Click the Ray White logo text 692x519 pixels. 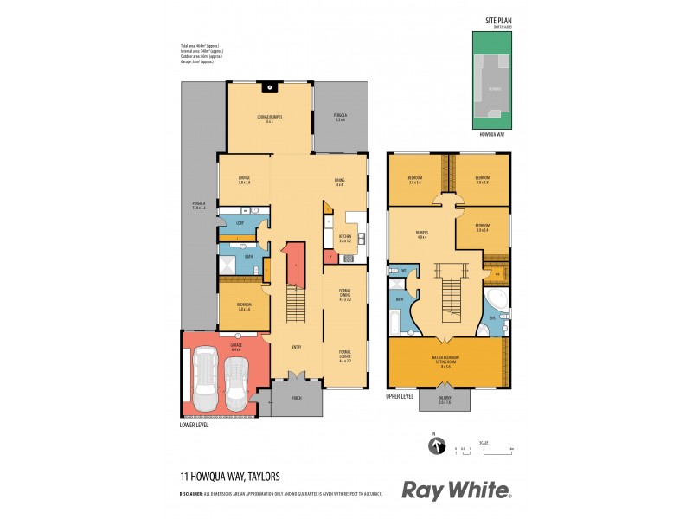[x=456, y=490]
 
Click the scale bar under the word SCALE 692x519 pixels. [x=484, y=449]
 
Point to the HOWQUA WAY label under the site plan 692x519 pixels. [x=491, y=136]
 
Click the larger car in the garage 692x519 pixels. [x=205, y=380]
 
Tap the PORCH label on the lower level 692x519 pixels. [x=296, y=399]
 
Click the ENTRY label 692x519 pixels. [x=296, y=347]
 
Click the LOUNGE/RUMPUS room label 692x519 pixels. [x=270, y=118]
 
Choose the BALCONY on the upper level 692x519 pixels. [x=445, y=400]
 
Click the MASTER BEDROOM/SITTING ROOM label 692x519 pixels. [x=445, y=360]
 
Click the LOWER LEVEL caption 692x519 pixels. [x=195, y=425]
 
